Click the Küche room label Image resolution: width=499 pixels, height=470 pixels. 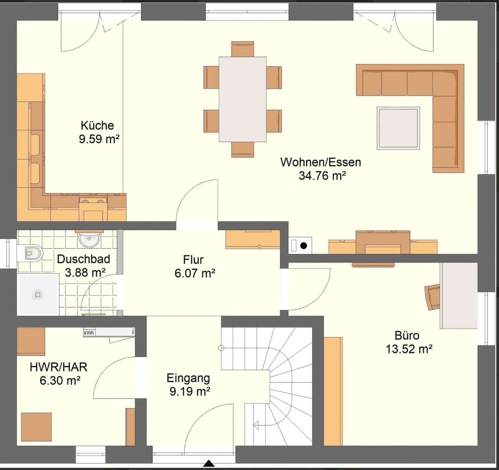pyautogui.click(x=97, y=126)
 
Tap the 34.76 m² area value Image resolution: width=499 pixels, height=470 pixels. pyautogui.click(x=322, y=176)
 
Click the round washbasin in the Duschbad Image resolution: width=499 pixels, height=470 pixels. pyautogui.click(x=89, y=239)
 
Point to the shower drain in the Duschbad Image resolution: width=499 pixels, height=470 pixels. pyautogui.click(x=38, y=295)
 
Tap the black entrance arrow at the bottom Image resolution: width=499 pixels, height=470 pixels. pyautogui.click(x=208, y=463)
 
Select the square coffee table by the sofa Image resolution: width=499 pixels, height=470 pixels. pyautogui.click(x=398, y=128)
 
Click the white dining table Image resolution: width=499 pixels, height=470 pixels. pyautogui.click(x=243, y=99)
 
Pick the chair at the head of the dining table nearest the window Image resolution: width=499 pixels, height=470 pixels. pyautogui.click(x=243, y=49)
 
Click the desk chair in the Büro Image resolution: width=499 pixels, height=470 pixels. pyautogui.click(x=432, y=297)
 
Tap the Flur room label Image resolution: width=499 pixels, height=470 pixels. pyautogui.click(x=193, y=260)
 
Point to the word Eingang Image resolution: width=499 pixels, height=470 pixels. pyautogui.click(x=188, y=378)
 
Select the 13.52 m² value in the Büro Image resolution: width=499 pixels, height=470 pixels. pyautogui.click(x=409, y=349)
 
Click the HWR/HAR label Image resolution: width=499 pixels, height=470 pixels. pyautogui.click(x=59, y=367)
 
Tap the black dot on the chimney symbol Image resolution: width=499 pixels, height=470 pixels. pyautogui.click(x=304, y=246)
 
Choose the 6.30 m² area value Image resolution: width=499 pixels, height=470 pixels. pyautogui.click(x=60, y=381)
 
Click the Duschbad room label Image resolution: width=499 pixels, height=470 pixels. pyautogui.click(x=83, y=259)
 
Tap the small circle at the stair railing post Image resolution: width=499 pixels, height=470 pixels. pyautogui.click(x=221, y=348)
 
